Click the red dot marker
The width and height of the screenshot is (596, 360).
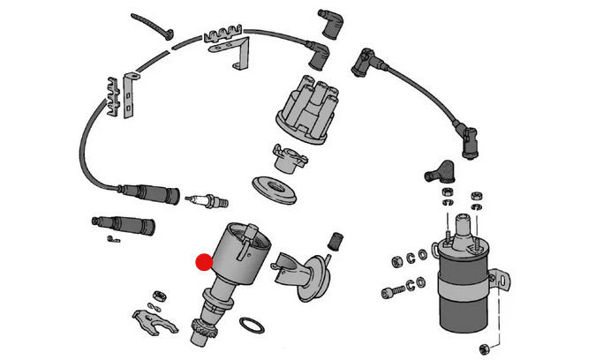[x=204, y=261]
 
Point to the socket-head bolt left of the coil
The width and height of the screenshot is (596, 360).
[x=397, y=288]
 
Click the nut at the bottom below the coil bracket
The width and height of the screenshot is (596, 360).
[x=485, y=345]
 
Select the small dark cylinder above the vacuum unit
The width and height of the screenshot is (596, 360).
[x=335, y=238]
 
